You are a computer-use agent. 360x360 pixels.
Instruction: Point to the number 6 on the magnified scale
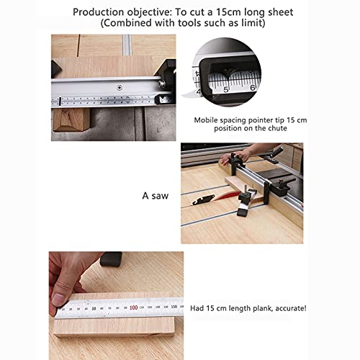click(252, 86)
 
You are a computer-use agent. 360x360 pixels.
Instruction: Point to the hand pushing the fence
click(243, 154)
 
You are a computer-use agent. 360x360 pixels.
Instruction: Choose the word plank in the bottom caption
click(253, 307)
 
